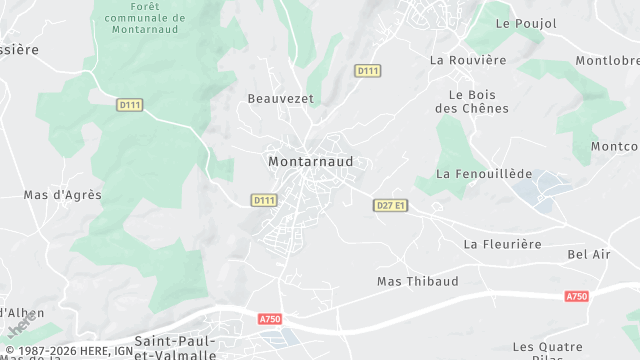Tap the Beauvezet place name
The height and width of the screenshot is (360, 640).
click(x=280, y=99)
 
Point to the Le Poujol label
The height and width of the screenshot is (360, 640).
click(x=520, y=23)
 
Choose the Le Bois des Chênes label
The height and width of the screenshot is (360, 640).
click(x=473, y=101)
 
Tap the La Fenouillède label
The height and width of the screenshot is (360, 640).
click(x=485, y=174)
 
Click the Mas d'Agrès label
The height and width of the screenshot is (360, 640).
click(x=62, y=195)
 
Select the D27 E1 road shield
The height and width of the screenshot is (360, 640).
click(x=391, y=205)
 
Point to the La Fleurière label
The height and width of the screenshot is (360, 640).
click(x=502, y=244)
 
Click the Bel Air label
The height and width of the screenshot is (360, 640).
click(x=589, y=255)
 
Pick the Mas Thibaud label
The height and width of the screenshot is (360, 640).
click(x=417, y=281)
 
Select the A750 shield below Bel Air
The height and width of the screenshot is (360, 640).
click(x=577, y=296)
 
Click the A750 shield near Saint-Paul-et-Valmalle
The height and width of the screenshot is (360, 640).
click(x=270, y=319)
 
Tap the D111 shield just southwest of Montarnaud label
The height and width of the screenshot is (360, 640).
click(x=263, y=200)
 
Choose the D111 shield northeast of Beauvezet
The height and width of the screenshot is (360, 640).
click(x=368, y=70)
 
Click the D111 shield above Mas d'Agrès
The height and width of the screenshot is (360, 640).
click(x=129, y=104)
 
